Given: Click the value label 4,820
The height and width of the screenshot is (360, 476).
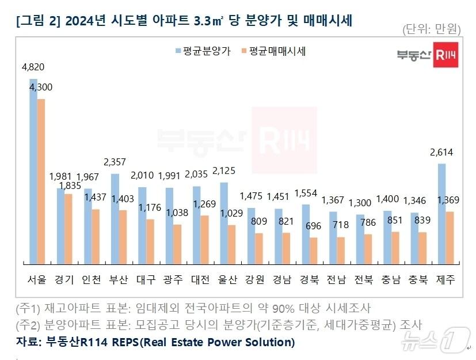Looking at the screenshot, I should [33, 67].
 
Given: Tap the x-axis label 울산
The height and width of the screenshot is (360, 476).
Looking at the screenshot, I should [228, 280].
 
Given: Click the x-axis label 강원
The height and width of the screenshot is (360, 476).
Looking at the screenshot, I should [255, 280].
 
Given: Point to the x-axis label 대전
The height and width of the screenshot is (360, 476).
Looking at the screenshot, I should [201, 280].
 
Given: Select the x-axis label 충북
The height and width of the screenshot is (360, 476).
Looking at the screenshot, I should [418, 280].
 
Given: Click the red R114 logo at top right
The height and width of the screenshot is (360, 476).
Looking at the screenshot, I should [447, 55].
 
